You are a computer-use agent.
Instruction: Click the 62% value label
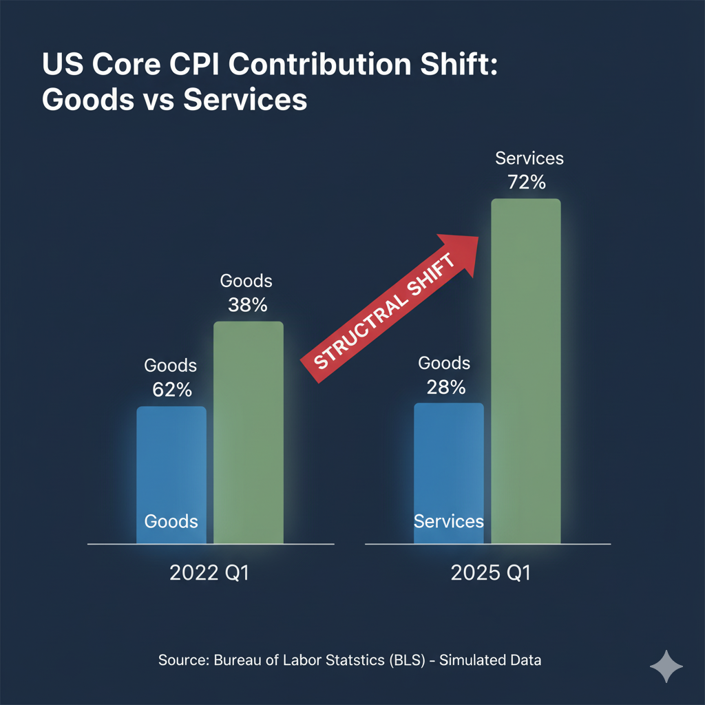coord(171,390)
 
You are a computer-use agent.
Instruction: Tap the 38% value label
coord(247,305)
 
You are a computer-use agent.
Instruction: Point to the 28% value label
coord(445,387)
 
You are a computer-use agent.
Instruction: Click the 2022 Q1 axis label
coord(209,573)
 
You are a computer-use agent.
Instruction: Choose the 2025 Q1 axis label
coord(491,573)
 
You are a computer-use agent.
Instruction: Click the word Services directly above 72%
coord(529,159)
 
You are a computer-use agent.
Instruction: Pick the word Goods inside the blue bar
coord(171,520)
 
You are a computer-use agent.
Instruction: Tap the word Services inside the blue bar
coord(449,520)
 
